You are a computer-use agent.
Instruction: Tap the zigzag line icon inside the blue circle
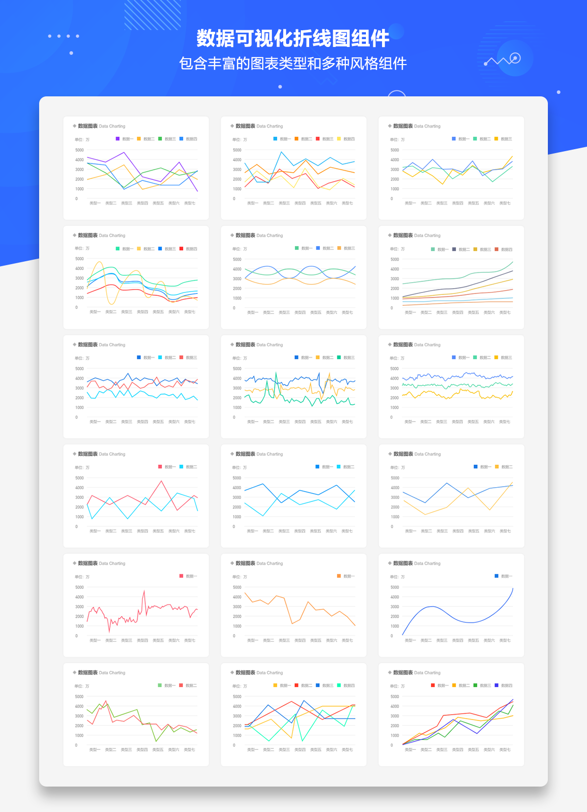tap(504, 61)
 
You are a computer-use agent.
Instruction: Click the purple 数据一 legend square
tap(117, 139)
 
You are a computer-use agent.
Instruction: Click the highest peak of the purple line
tap(124, 153)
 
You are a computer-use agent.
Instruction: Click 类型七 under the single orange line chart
tap(347, 640)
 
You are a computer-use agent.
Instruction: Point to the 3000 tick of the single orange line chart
tap(237, 607)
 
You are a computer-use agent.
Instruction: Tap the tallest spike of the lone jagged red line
tap(144, 591)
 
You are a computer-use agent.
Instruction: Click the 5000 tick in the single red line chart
tap(79, 587)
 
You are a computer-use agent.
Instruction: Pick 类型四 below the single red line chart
tap(142, 640)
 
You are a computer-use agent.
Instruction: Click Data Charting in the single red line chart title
tap(112, 564)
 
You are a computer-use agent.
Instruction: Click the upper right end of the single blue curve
tap(513, 588)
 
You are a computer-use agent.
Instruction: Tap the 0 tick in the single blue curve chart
tap(392, 636)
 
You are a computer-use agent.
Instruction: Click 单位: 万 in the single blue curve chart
tap(397, 577)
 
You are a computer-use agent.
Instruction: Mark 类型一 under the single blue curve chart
tap(410, 640)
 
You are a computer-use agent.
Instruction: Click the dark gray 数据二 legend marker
tap(454, 249)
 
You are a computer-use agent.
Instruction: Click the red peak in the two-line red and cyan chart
tap(161, 481)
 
